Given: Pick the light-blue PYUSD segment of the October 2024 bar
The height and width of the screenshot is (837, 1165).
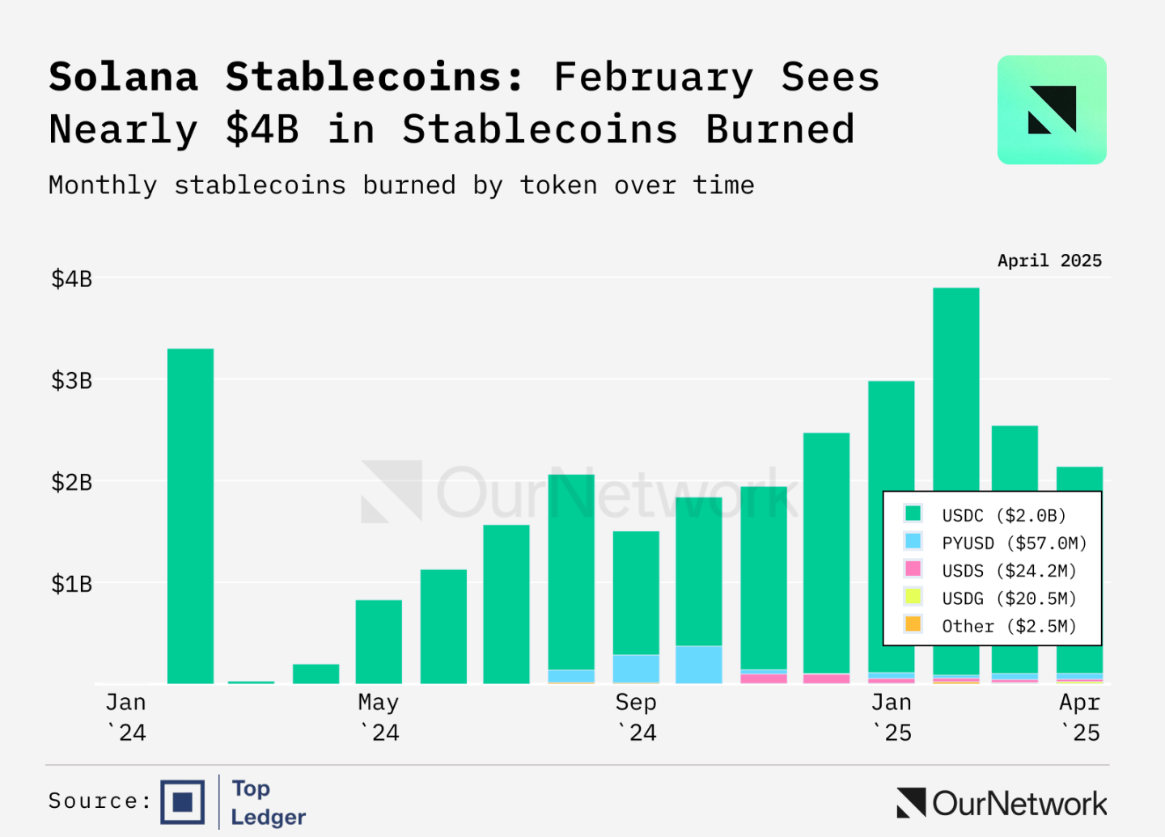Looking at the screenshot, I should pyautogui.click(x=699, y=664).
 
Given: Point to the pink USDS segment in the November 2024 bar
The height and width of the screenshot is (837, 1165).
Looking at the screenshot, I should pyautogui.click(x=763, y=678).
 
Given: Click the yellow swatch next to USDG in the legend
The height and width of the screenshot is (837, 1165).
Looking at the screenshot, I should pyautogui.click(x=913, y=597).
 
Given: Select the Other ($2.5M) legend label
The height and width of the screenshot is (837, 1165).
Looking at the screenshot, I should pyautogui.click(x=1009, y=626).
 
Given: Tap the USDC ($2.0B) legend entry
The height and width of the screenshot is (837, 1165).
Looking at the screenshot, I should pyautogui.click(x=1003, y=515).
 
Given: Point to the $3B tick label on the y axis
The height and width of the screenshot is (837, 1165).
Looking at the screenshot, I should pyautogui.click(x=72, y=381).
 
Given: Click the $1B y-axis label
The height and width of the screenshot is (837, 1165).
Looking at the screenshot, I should pyautogui.click(x=72, y=584).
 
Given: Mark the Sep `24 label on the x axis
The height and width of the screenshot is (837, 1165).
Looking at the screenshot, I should pyautogui.click(x=636, y=717).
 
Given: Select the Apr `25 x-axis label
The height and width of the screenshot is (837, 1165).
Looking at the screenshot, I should pyautogui.click(x=1080, y=717).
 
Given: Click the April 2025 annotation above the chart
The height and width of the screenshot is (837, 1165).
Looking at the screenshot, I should pyautogui.click(x=1049, y=260).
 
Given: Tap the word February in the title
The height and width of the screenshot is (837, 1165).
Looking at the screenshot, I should pyautogui.click(x=653, y=78).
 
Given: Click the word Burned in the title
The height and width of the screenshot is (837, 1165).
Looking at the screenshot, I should pyautogui.click(x=780, y=129).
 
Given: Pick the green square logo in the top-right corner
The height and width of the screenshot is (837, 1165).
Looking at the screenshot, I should pyautogui.click(x=1052, y=110).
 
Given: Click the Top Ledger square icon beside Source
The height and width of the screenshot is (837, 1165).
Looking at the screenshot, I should pyautogui.click(x=183, y=801).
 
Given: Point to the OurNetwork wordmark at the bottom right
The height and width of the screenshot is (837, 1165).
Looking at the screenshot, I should pyautogui.click(x=1002, y=803).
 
